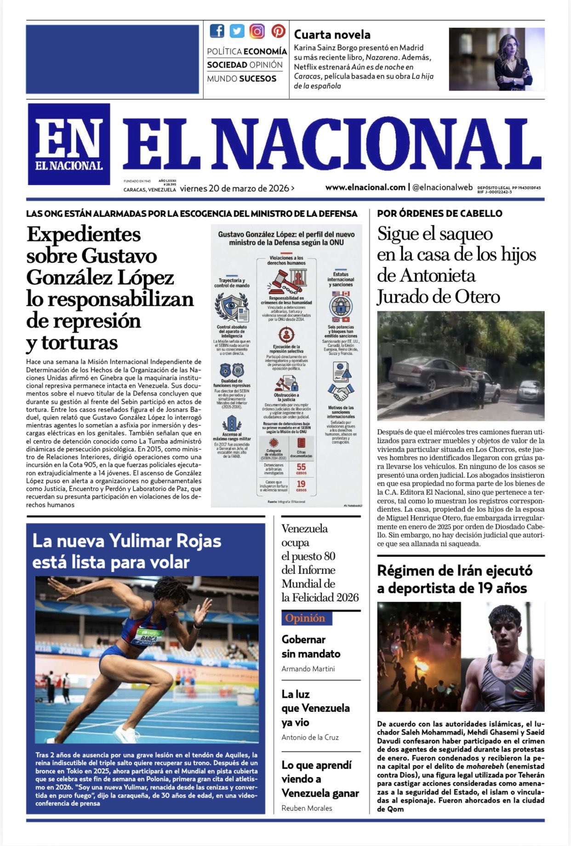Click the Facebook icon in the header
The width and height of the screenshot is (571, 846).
click(x=217, y=31)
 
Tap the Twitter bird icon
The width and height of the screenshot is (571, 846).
click(x=237, y=31)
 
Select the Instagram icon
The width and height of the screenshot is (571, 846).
click(x=257, y=31)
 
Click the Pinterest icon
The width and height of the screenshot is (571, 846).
click(x=278, y=31)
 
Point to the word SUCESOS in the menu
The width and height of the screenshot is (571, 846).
click(x=257, y=79)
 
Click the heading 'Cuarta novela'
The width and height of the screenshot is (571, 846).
click(x=332, y=35)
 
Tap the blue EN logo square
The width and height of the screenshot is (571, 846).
click(x=69, y=144)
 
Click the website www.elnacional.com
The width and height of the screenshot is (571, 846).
click(x=365, y=187)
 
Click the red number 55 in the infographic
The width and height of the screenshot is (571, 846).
click(x=301, y=467)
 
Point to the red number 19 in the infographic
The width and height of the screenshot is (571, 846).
click(x=301, y=484)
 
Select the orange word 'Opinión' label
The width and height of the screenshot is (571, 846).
click(x=305, y=618)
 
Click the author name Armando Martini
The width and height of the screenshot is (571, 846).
click(x=308, y=669)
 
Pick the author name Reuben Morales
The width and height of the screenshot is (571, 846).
click(x=307, y=808)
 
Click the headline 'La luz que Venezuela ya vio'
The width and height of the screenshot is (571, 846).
click(x=315, y=708)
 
